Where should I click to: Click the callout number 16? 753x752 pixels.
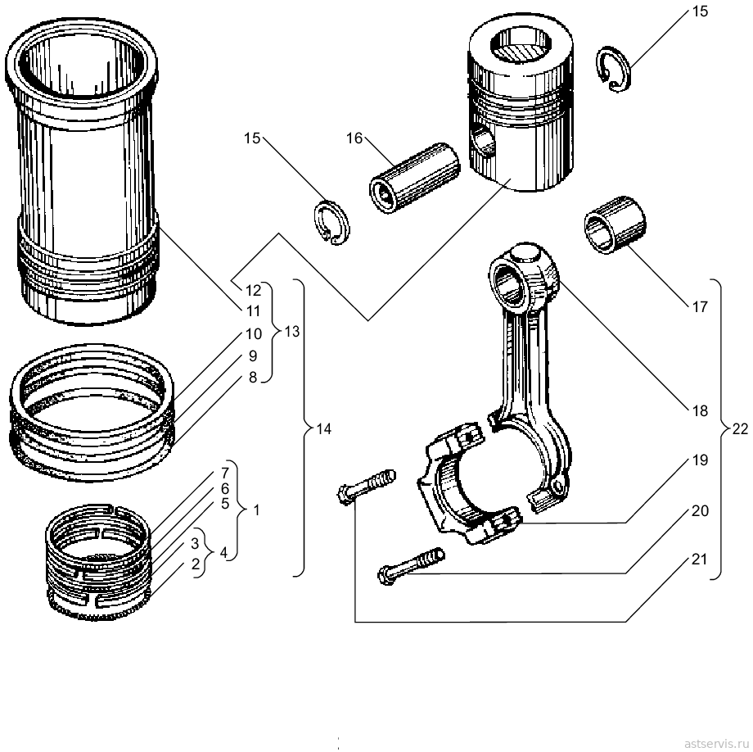pyautogui.click(x=354, y=138)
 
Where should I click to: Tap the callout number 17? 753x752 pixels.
pyautogui.click(x=700, y=306)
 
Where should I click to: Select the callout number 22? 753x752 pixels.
pyautogui.click(x=740, y=428)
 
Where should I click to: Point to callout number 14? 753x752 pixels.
pyautogui.click(x=323, y=428)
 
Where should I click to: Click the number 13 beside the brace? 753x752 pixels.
pyautogui.click(x=291, y=332)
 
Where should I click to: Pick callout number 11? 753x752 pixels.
pyautogui.click(x=253, y=311)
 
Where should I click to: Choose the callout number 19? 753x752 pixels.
pyautogui.click(x=700, y=460)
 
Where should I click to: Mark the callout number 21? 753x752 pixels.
pyautogui.click(x=700, y=559)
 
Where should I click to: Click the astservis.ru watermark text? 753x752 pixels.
pyautogui.click(x=716, y=743)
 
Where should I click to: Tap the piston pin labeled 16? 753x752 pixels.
pyautogui.click(x=414, y=178)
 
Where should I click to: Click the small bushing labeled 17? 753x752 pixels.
pyautogui.click(x=615, y=224)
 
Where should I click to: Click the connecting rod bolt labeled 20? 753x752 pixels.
pyautogui.click(x=411, y=567)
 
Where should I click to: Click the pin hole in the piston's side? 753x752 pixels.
pyautogui.click(x=483, y=139)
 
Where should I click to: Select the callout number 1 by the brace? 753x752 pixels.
pyautogui.click(x=256, y=510)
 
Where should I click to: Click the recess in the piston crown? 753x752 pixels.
pyautogui.click(x=521, y=44)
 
